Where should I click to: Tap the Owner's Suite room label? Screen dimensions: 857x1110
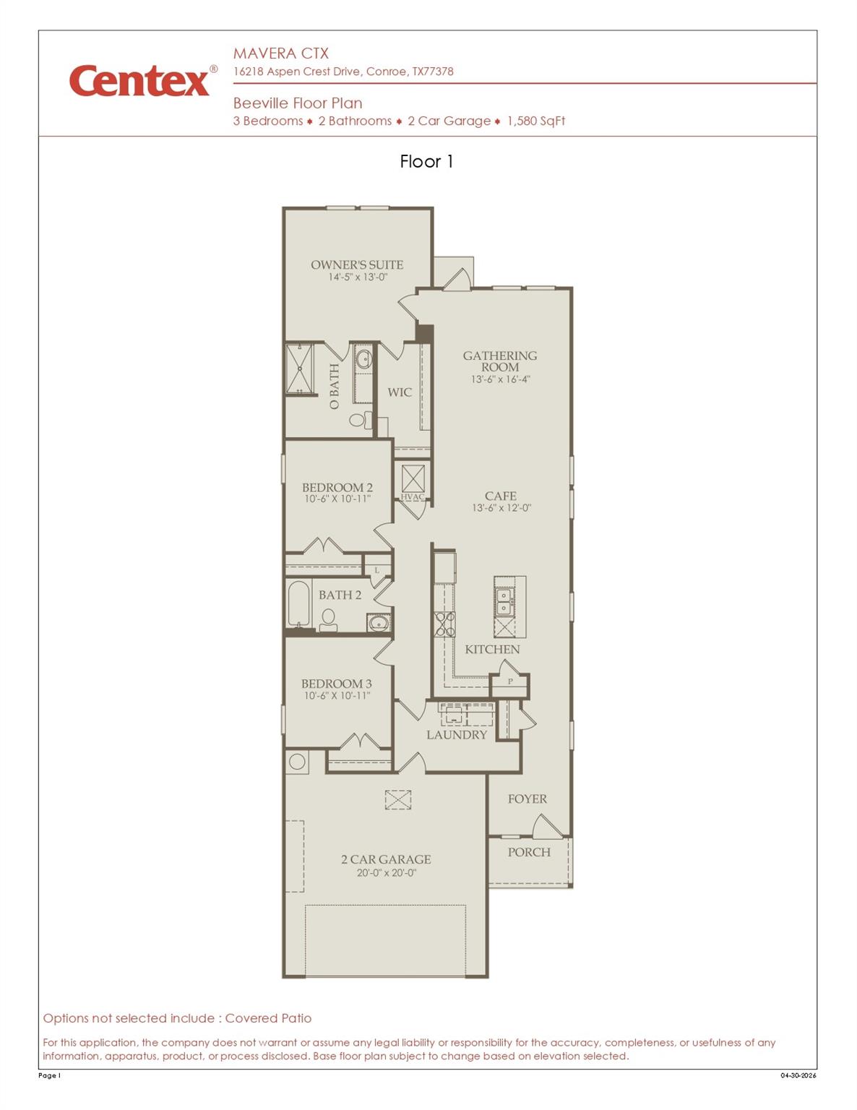pos(357,264)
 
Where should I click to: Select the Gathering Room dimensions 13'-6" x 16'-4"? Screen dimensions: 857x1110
pos(500,379)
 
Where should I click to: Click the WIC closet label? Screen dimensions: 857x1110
pos(400,392)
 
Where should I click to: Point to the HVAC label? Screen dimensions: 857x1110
pos(412,496)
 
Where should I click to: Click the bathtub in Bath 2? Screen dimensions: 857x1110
pos(298,603)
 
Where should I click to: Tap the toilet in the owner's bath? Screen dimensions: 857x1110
pos(360,419)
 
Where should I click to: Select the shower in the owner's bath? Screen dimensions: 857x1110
pos(300,369)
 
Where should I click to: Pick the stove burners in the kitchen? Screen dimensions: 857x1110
pos(444,624)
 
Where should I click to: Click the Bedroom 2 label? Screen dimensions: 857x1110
pos(337,487)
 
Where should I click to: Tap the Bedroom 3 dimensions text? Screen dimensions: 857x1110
pos(337,695)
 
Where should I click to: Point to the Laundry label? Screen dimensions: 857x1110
pos(457,734)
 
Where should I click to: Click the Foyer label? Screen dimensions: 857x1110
pos(527,799)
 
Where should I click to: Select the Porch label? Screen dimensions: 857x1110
pos(529,852)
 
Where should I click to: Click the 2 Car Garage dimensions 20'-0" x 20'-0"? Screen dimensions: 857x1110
pos(387,872)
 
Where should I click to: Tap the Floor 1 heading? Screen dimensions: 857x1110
pos(426,161)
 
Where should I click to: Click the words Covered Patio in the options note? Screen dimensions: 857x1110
pos(268,1018)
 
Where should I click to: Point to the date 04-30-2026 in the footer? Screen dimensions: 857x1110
pos(798,1075)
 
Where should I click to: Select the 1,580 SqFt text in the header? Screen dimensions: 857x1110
pos(536,121)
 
